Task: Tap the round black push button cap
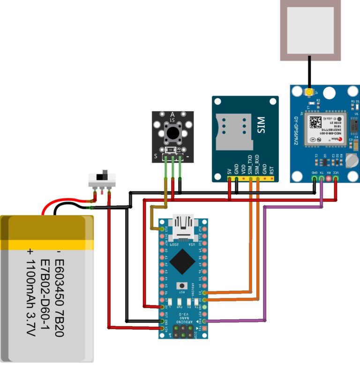172,134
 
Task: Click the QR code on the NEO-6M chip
313,123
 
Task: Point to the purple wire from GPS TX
265,263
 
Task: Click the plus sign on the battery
30,252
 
